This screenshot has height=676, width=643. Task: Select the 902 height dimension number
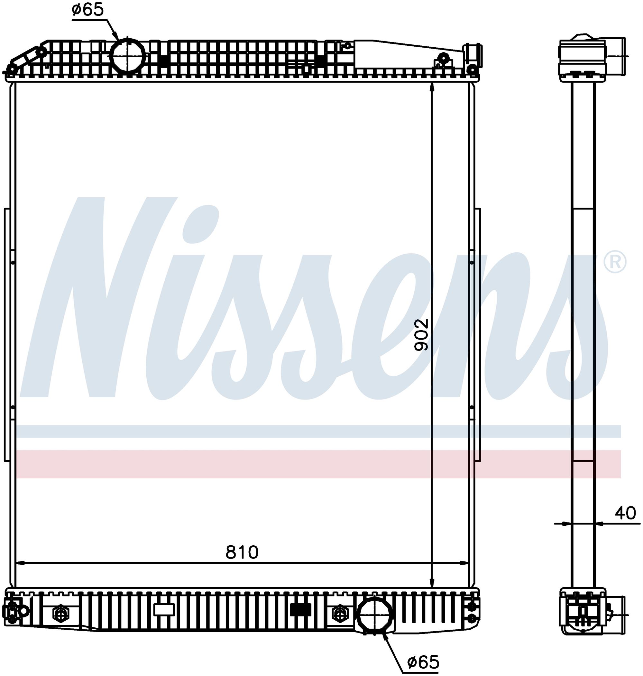[x=421, y=335]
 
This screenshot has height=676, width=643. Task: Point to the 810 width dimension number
[x=242, y=552]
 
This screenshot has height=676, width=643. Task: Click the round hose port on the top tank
[x=127, y=54]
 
